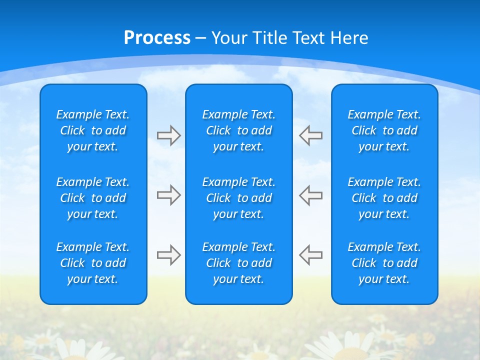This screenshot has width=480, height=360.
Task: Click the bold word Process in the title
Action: [x=157, y=37]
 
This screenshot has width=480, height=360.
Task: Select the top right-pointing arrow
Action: [x=168, y=135]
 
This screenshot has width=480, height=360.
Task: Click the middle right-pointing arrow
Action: [x=168, y=195]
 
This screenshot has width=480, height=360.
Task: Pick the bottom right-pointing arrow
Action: [x=168, y=255]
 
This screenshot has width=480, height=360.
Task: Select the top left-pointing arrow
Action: [x=310, y=135]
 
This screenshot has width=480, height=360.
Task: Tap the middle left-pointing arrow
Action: [x=310, y=195]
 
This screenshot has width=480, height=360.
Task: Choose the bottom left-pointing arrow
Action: [x=310, y=255]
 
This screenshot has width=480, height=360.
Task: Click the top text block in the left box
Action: [x=93, y=130]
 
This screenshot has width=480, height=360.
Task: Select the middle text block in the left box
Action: [x=93, y=198]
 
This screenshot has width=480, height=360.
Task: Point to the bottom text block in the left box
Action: [x=93, y=263]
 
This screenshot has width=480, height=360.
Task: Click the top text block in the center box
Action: [x=239, y=130]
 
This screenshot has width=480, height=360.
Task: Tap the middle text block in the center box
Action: [x=239, y=198]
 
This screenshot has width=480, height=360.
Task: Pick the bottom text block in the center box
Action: [x=239, y=263]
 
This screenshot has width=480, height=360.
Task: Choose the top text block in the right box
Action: [x=384, y=130]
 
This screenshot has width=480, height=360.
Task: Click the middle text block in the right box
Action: [x=384, y=198]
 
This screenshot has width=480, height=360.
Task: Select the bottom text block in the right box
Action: [x=384, y=263]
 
